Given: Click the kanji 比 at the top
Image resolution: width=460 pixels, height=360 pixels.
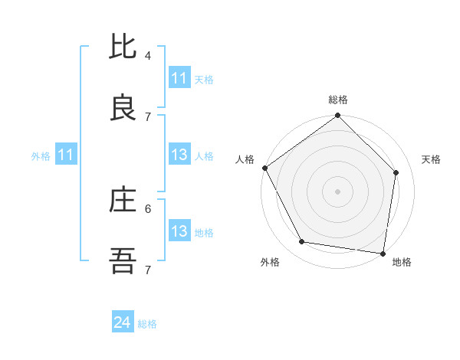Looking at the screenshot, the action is (123, 47).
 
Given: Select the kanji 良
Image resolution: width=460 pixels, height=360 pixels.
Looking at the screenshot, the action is (123, 108).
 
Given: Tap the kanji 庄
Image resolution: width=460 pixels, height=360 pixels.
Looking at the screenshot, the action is (123, 201).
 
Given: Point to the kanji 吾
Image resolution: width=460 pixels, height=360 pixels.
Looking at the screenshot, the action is (123, 262).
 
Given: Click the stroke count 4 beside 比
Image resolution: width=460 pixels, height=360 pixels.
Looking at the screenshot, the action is (148, 55).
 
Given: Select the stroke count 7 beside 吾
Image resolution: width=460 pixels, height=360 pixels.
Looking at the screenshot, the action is (148, 270).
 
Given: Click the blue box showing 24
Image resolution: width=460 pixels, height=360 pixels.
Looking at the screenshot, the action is (123, 323).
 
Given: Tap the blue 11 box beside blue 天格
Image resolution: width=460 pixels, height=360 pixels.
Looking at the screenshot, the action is (179, 78).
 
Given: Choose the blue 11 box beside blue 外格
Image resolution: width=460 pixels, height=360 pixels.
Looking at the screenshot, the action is (66, 155).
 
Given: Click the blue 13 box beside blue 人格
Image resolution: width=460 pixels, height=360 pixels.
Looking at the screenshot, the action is (179, 155).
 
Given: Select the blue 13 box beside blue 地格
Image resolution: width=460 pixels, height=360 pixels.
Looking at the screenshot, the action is (179, 231).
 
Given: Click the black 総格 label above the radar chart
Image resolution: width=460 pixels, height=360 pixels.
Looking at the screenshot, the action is (338, 100).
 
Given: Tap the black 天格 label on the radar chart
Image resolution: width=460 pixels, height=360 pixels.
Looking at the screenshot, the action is (432, 159).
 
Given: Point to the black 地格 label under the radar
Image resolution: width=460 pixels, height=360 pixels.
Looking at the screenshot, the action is (402, 262).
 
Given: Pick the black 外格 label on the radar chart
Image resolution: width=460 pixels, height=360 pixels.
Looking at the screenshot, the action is (270, 262).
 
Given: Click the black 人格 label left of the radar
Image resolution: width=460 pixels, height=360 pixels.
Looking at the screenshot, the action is (245, 159).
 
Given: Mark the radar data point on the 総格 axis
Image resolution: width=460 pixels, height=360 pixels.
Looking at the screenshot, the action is (337, 116).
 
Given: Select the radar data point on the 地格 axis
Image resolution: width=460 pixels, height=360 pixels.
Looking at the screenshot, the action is (383, 254).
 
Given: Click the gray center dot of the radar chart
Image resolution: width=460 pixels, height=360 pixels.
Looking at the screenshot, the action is (337, 191).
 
